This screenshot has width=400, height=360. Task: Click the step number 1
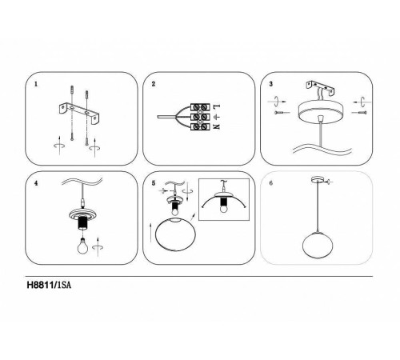tap(36, 84)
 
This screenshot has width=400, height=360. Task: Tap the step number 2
tap(154, 84)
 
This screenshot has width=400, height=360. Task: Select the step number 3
tap(271, 84)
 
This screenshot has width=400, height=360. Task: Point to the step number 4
tap(36, 183)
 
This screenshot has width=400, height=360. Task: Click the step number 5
tap(154, 183)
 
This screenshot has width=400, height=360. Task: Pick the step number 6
tap(271, 183)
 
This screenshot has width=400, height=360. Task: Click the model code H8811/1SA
tap(49, 285)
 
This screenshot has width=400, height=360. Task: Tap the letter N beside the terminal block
tap(217, 126)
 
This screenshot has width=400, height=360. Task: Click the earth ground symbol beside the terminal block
tap(217, 117)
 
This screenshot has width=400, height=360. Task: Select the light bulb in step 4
tap(82, 246)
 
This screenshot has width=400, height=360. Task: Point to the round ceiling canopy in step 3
tap(321, 112)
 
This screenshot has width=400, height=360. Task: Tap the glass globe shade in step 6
tap(317, 245)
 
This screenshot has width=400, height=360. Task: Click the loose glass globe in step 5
tap(175, 234)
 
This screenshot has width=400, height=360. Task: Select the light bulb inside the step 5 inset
tap(224, 207)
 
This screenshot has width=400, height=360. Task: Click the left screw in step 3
tap(282, 113)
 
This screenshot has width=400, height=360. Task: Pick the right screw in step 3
tap(359, 113)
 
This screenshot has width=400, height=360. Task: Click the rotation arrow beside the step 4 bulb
tap(98, 247)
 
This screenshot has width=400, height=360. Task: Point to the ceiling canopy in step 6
tap(318, 180)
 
